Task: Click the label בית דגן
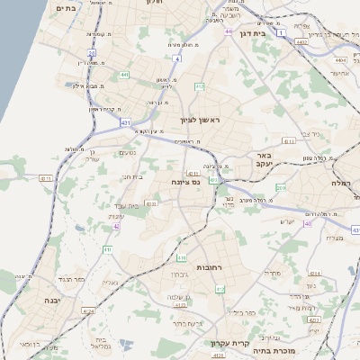pos(254,32)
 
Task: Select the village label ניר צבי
pos(310,134)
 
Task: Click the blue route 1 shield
pos(281,33)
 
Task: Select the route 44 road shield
pos(229,31)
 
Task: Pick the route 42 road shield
pos(116,226)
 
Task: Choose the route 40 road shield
pos(307,223)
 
